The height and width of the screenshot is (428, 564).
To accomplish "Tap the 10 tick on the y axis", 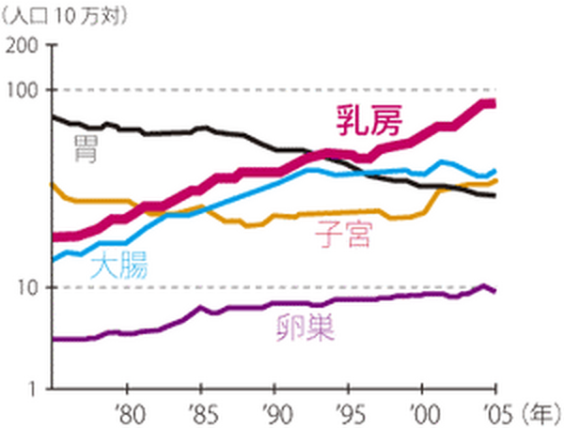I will tap(32, 287).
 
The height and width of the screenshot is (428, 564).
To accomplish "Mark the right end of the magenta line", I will tap(494, 103).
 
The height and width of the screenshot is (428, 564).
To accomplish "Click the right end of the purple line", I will tap(494, 292).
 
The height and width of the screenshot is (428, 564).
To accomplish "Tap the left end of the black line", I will tap(53, 116).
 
